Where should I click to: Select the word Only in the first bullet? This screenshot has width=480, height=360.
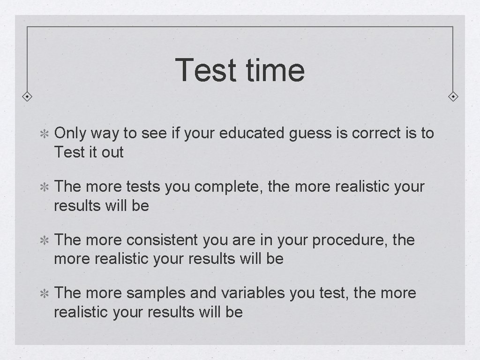point(70,134)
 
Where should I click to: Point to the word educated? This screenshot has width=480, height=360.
point(252,134)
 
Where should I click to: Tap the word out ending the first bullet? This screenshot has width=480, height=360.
point(112,152)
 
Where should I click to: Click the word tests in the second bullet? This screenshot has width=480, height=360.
point(143,187)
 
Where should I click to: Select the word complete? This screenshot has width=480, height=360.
point(229,187)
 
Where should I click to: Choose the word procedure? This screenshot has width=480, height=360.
point(350,240)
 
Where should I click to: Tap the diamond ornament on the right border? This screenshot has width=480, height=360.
point(453,97)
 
